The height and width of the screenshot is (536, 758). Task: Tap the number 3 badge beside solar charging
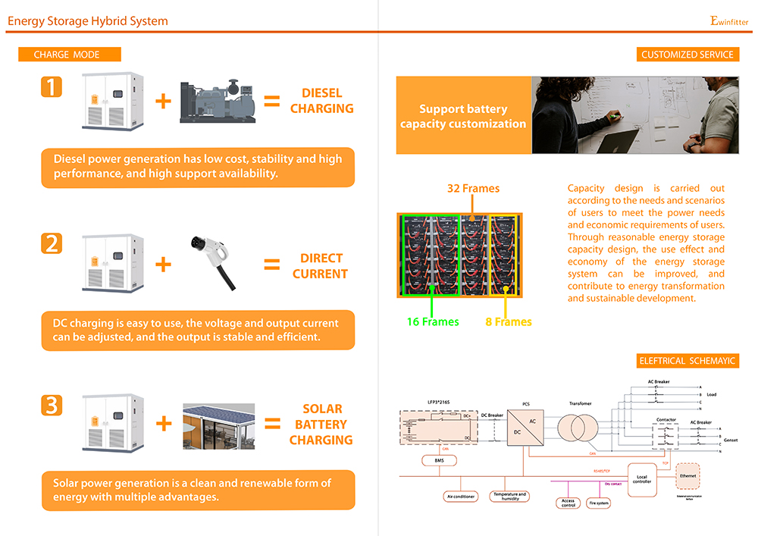click(52, 405)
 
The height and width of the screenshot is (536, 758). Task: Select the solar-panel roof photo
click(218, 425)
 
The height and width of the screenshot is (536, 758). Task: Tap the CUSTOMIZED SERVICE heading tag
click(687, 55)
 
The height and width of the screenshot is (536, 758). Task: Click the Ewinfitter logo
click(729, 21)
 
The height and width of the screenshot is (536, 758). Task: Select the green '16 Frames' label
click(433, 321)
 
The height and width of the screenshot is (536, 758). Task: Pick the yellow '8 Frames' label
click(508, 321)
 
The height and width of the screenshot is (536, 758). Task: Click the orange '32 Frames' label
click(473, 188)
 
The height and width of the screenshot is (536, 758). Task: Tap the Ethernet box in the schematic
click(688, 475)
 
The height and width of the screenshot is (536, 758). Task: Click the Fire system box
click(598, 503)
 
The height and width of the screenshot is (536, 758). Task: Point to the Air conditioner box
click(459, 497)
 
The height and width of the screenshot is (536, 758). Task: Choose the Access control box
click(568, 502)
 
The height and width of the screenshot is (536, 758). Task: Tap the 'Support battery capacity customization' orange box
click(463, 116)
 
